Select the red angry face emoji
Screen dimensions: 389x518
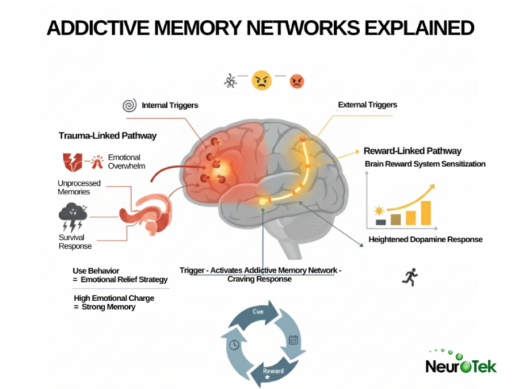296,81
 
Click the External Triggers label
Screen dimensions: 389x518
367,105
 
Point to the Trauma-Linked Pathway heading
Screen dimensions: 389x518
107,136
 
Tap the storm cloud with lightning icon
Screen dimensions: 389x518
73,217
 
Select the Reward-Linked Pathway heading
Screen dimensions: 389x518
412,151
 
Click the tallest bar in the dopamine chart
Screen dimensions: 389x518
425,213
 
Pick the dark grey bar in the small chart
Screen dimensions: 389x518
380,221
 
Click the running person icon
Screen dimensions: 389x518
410,277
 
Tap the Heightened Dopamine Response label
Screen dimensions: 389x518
425,239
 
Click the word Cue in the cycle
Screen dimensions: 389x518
258,312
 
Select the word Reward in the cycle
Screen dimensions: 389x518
273,371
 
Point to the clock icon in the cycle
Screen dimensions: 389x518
234,345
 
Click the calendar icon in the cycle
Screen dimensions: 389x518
293,340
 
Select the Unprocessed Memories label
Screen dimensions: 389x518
79,187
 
